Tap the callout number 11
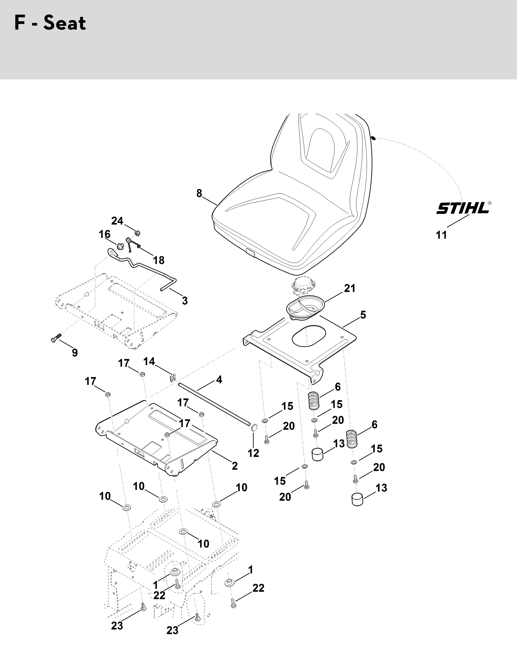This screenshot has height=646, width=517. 441,235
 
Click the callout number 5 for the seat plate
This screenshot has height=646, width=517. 363,315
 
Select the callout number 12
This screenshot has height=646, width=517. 253,453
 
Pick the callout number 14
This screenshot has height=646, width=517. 149,361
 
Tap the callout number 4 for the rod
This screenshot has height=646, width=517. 219,380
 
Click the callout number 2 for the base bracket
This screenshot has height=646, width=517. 235,466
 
